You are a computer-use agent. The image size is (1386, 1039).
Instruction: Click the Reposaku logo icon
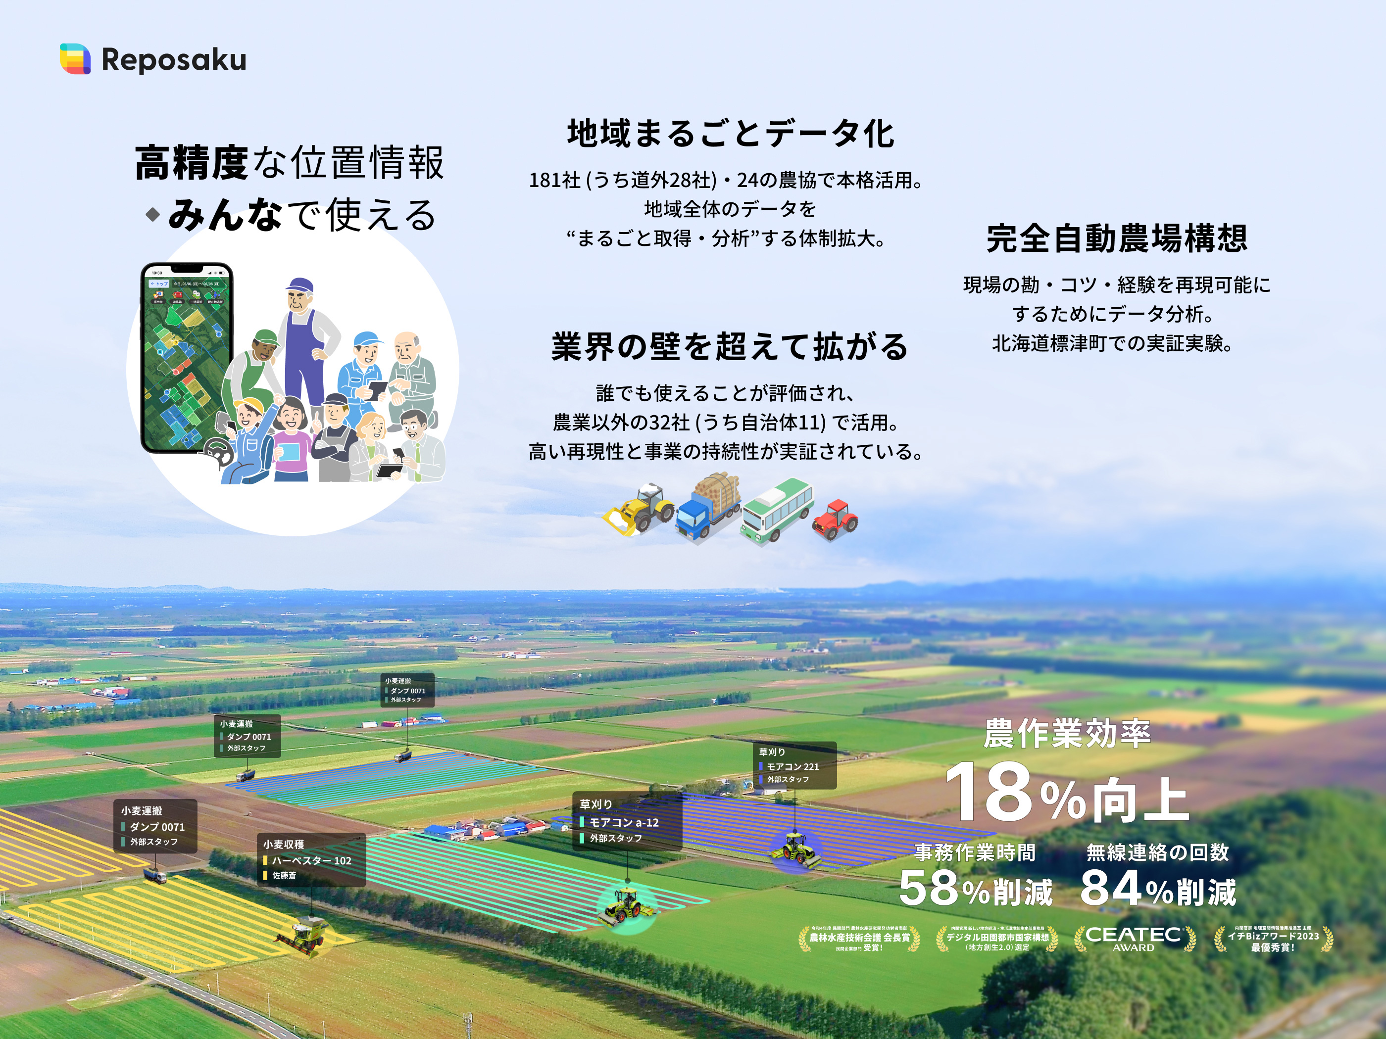[x=75, y=59]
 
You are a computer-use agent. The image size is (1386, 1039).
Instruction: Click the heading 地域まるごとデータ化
[x=731, y=134]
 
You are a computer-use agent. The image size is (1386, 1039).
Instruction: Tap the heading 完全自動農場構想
[x=1117, y=238]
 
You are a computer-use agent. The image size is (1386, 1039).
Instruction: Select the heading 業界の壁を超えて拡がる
[x=729, y=347]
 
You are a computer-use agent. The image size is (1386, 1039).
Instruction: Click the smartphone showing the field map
[x=186, y=357]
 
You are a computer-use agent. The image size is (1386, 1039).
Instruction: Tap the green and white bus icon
[x=777, y=509]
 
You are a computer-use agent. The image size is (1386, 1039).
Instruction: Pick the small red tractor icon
[x=835, y=519]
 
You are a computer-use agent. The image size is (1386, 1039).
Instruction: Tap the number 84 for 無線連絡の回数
[x=1110, y=888]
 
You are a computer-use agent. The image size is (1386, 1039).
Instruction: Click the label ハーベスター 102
[x=311, y=860]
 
